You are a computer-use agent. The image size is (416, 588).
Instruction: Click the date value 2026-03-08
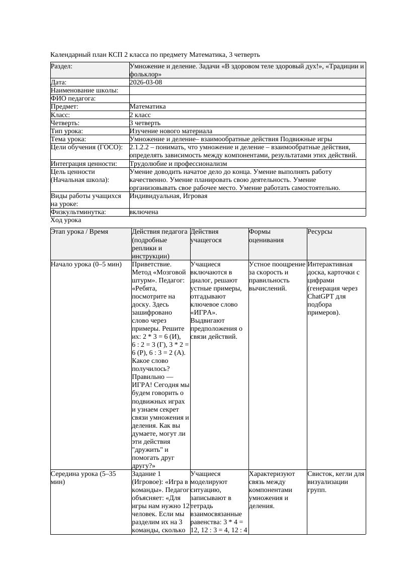click(x=145, y=82)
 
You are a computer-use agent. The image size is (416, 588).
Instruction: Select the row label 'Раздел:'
click(x=61, y=66)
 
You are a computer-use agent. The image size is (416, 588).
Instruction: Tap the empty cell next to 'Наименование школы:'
click(x=247, y=90)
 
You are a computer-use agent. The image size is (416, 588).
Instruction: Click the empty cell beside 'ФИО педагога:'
click(x=247, y=99)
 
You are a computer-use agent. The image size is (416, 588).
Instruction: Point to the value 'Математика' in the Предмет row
click(x=147, y=107)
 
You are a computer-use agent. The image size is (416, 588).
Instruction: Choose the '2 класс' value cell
click(x=140, y=115)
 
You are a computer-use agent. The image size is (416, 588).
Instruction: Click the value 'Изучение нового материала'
click(x=171, y=131)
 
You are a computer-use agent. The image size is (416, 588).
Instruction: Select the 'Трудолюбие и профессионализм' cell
click(x=178, y=163)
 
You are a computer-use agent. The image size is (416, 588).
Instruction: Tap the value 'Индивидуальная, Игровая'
click(x=168, y=196)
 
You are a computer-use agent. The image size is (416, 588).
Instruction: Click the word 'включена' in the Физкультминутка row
click(x=143, y=212)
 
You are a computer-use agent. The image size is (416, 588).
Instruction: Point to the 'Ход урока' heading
click(x=65, y=220)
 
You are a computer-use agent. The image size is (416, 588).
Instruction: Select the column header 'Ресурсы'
click(x=320, y=232)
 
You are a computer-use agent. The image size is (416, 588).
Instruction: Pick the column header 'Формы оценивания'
click(x=266, y=236)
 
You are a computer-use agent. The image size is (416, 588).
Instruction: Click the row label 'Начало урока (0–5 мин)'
click(x=86, y=264)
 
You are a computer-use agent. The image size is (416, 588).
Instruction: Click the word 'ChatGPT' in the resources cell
click(x=320, y=296)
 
